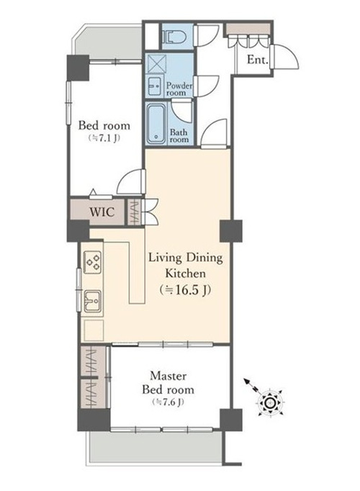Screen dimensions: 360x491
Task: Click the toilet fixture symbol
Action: tap(175, 37)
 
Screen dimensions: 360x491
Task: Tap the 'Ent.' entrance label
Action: tap(258, 60)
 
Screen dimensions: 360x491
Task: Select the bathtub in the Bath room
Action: tap(156, 123)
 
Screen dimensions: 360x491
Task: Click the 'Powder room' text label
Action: tap(179, 89)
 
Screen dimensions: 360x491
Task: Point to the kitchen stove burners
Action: tap(92, 262)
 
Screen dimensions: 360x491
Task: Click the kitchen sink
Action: tap(92, 301)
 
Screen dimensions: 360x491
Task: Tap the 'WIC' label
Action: tap(102, 212)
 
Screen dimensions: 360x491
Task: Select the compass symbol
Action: tap(269, 402)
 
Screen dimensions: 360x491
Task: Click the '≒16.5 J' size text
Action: tap(185, 290)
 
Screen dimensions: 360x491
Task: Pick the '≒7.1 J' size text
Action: tap(104, 138)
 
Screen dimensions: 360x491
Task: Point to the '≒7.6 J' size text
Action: tap(168, 402)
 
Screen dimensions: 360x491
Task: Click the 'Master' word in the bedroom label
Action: tap(168, 376)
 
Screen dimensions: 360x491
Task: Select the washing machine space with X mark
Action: tap(154, 63)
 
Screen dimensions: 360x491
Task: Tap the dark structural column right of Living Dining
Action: tap(231, 231)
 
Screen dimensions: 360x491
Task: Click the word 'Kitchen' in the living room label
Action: tap(185, 274)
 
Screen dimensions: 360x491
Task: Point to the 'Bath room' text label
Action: tap(179, 136)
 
